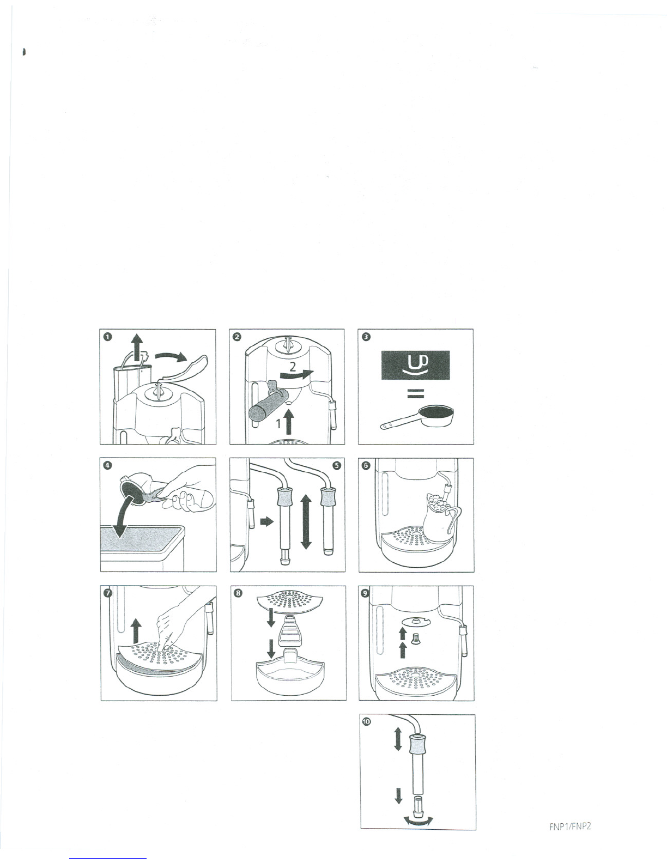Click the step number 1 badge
[108, 337]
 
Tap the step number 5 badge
[337, 465]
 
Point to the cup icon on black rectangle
[416, 365]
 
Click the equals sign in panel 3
[416, 393]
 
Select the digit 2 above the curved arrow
[292, 367]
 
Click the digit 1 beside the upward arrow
[279, 424]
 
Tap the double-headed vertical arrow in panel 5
[306, 522]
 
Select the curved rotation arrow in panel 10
[418, 821]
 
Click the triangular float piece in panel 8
[289, 629]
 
